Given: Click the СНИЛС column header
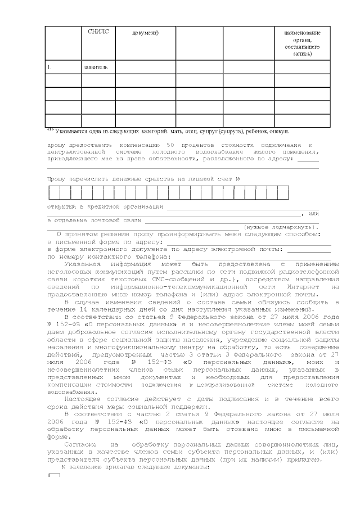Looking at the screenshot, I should point(98,31).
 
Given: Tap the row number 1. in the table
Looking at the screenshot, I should point(49,67).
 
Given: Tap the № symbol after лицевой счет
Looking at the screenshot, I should point(238,179).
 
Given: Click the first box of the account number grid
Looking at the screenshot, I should point(53,193).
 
